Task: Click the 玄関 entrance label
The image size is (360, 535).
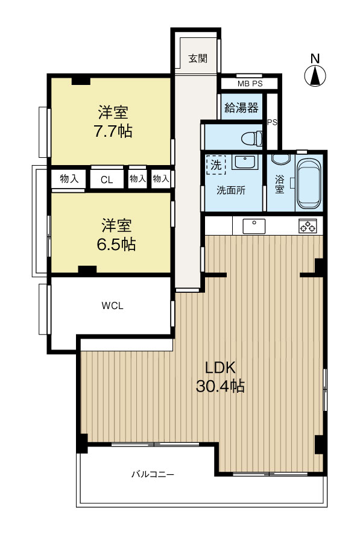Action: [198, 58]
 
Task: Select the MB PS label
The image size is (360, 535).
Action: [250, 84]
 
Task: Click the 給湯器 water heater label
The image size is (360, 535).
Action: [241, 108]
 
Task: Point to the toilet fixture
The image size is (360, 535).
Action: [252, 139]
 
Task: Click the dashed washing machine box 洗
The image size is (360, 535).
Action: [216, 165]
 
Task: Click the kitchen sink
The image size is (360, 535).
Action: [254, 226]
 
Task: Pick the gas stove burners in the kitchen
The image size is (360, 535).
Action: [308, 226]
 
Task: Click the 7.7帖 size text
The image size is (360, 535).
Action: [113, 131]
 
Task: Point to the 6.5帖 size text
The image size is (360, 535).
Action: [116, 244]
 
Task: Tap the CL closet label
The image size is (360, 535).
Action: [107, 180]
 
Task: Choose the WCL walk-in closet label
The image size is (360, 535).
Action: [112, 305]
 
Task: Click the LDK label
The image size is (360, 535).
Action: [220, 368]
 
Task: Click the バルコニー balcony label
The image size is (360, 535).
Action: [153, 474]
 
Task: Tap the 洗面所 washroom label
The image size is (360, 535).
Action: [231, 190]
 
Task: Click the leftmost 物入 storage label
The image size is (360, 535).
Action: [69, 178]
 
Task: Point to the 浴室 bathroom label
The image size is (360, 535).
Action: [279, 184]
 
